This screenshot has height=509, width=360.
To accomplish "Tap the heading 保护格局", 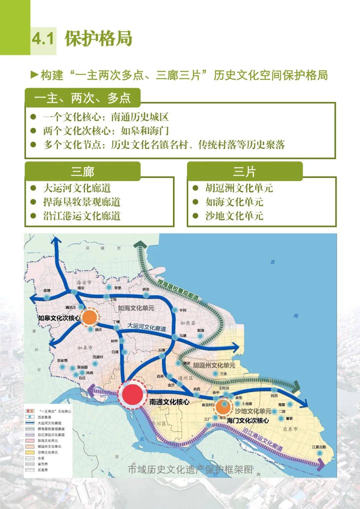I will click(x=99, y=39).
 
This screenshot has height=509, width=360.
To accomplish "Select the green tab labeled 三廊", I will click(x=82, y=172).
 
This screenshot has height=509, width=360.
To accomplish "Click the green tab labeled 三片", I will click(x=244, y=172).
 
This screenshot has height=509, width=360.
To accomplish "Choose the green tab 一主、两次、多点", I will click(x=82, y=98).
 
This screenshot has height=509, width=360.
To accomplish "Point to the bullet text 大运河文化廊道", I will click(x=77, y=188).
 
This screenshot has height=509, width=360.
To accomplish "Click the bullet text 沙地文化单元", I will click(x=234, y=216).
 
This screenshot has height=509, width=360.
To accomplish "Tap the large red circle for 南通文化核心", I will click(x=132, y=396).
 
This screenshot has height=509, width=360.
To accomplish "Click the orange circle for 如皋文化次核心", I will click(x=89, y=318).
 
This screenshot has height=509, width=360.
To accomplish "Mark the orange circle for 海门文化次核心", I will click(x=224, y=407).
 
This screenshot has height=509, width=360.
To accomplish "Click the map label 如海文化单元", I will click(x=136, y=308).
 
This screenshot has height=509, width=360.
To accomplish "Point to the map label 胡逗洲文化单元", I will click(x=214, y=365).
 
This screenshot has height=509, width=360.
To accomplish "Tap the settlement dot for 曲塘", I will click(x=47, y=297).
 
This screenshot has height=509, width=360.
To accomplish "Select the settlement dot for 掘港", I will click(x=200, y=336).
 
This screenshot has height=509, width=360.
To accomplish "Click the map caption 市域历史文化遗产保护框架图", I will click(x=191, y=469).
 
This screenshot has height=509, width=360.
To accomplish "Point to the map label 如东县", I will click(x=188, y=323).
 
